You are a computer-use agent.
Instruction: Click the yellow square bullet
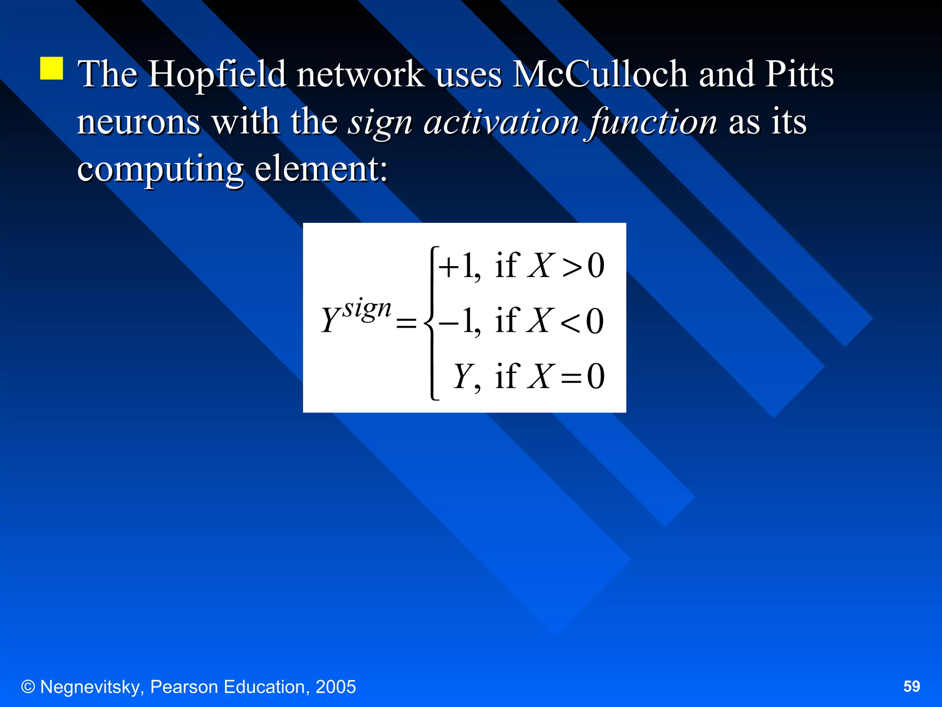[52, 69]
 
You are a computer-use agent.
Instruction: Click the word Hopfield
[217, 75]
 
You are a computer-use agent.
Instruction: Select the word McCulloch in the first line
[599, 75]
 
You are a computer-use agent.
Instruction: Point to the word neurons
[138, 122]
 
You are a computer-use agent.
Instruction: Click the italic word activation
[501, 122]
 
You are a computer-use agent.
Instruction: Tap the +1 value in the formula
[458, 266]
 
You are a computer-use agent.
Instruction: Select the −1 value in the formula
[458, 321]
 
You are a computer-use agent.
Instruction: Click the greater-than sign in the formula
[572, 267]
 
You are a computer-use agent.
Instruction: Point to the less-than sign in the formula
[570, 323]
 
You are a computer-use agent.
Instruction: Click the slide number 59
[912, 686]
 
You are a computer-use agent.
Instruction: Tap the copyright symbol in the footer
[28, 687]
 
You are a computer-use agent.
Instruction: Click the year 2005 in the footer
[335, 687]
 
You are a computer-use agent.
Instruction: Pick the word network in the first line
[360, 75]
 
